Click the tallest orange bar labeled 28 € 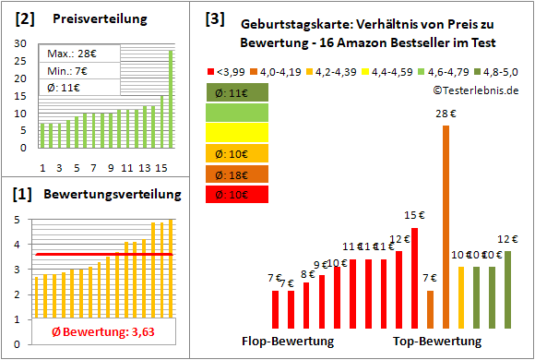click(x=446, y=226)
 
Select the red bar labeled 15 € click(x=415, y=277)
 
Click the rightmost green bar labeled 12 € click(x=508, y=289)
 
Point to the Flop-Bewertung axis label click(x=288, y=342)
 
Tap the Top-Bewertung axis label click(x=437, y=342)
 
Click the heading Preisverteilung click(x=91, y=18)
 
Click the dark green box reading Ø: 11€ click(x=238, y=92)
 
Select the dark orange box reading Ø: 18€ click(x=238, y=174)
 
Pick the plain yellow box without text click(x=238, y=133)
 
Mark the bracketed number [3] click(x=215, y=18)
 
